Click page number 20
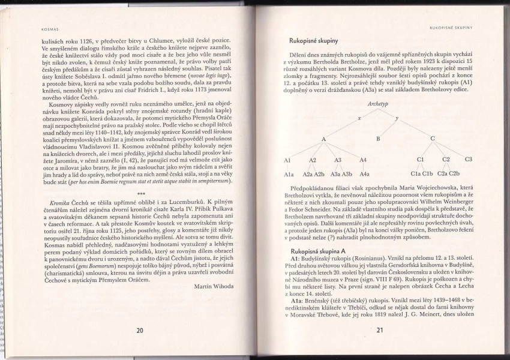139,329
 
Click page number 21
380,329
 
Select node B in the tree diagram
378,139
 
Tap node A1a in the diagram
289,173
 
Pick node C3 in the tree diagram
468,159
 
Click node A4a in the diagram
364,173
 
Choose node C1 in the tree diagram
421,159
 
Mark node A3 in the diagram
338,160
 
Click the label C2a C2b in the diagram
448,173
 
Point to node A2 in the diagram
313,160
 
